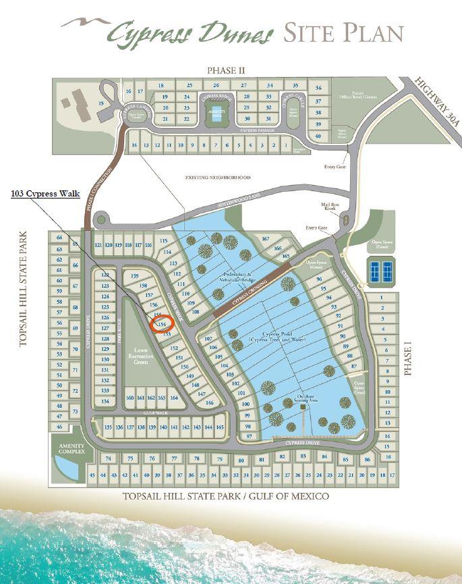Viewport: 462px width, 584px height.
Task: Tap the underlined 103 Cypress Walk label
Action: coord(46,194)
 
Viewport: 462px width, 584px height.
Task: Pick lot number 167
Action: coord(265,240)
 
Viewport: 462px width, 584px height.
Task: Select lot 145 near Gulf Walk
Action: coord(219,427)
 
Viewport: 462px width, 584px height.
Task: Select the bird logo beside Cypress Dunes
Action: coord(84,24)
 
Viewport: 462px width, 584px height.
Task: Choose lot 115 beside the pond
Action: coord(163,241)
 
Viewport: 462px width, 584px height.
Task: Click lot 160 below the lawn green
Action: coord(130,398)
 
